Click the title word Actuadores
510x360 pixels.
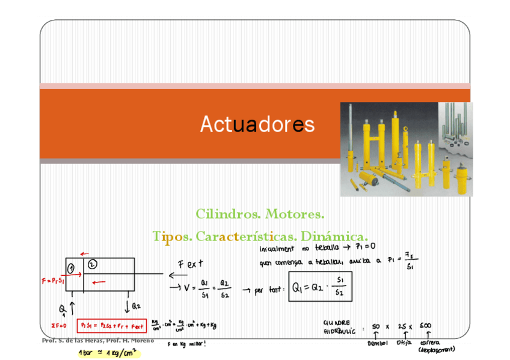[x=257, y=124]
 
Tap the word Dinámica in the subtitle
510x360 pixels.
[x=334, y=236]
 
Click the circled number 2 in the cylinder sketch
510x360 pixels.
[x=92, y=264]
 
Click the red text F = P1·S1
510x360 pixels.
[x=53, y=280]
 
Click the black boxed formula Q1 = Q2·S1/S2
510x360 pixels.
[x=321, y=287]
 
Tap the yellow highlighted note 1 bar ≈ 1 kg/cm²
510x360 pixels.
[x=107, y=353]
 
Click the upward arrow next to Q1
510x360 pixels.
[x=73, y=308]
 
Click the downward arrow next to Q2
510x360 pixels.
[x=127, y=306]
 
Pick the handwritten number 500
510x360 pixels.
[x=426, y=326]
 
